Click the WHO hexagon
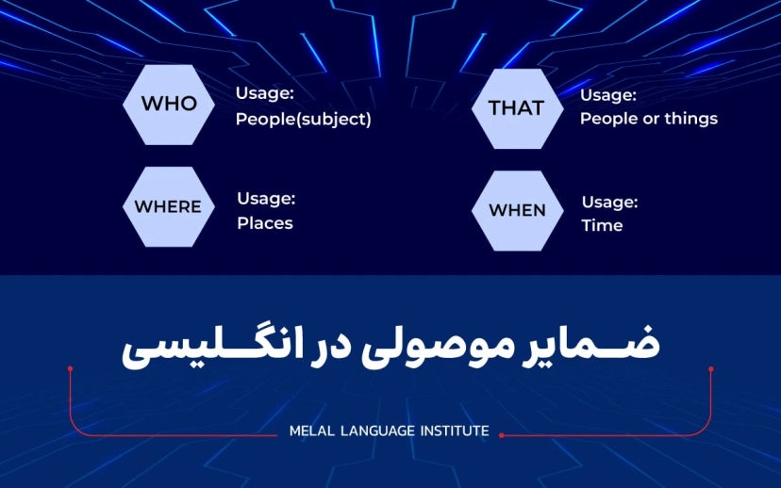pyautogui.click(x=169, y=104)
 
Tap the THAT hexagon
pyautogui.click(x=516, y=107)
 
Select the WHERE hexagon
pyautogui.click(x=168, y=206)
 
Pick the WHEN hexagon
pyautogui.click(x=517, y=210)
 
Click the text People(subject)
pyautogui.click(x=303, y=120)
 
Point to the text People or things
pyautogui.click(x=648, y=119)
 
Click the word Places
pyautogui.click(x=264, y=223)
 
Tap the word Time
pyautogui.click(x=602, y=225)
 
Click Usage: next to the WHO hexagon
pyautogui.click(x=265, y=94)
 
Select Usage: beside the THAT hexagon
pyautogui.click(x=608, y=94)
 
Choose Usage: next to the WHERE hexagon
pyautogui.click(x=266, y=198)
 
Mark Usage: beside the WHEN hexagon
pyautogui.click(x=609, y=202)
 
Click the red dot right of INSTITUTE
pyautogui.click(x=501, y=435)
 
